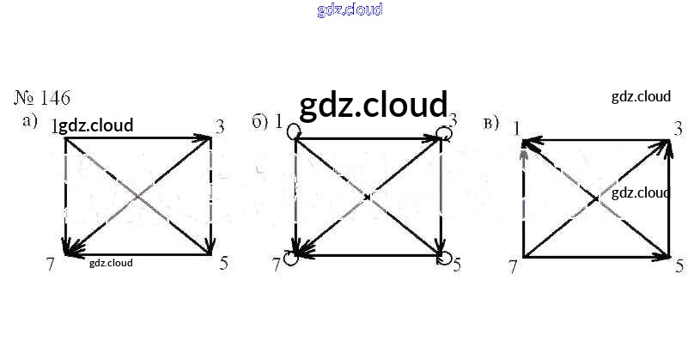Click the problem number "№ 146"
43,97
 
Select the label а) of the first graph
31,121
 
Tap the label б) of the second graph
260,121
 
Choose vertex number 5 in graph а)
223,264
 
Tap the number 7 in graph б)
277,264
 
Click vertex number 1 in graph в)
517,129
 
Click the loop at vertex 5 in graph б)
443,257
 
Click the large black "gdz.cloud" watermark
374,105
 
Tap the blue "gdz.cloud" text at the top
350,10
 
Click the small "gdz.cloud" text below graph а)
111,263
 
